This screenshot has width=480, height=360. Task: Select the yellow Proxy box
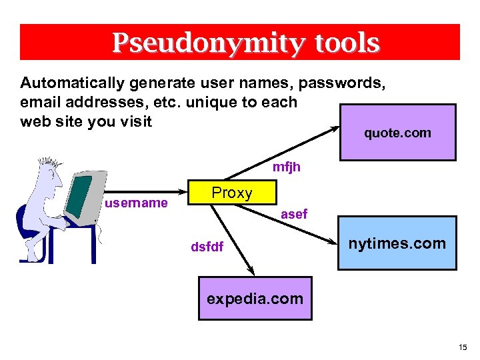232,193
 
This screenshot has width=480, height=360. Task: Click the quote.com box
398,133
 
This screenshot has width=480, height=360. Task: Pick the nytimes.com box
397,243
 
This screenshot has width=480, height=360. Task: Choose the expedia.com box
255,299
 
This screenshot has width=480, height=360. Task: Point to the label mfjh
287,167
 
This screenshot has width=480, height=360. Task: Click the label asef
294,214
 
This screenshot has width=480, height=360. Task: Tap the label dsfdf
207,247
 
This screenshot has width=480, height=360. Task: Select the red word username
136,203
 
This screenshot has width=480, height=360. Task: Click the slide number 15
463,347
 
